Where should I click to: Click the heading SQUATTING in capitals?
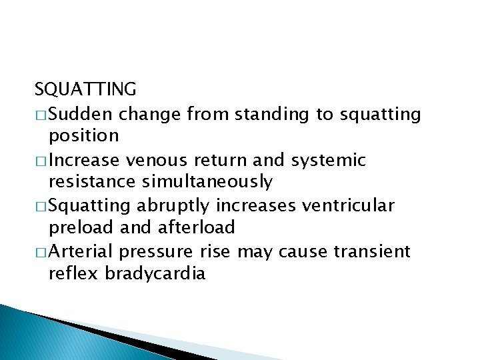pyautogui.click(x=85, y=89)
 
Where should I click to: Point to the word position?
pyautogui.click(x=84, y=136)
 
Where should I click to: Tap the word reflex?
pyautogui.click(x=74, y=273)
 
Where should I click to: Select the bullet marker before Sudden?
pyautogui.click(x=41, y=115)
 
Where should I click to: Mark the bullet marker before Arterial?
pyautogui.click(x=41, y=251)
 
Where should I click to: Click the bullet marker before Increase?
pyautogui.click(x=41, y=160)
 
